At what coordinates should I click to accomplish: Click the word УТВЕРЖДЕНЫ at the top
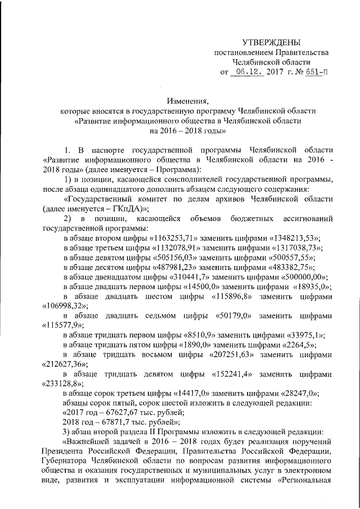271,42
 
